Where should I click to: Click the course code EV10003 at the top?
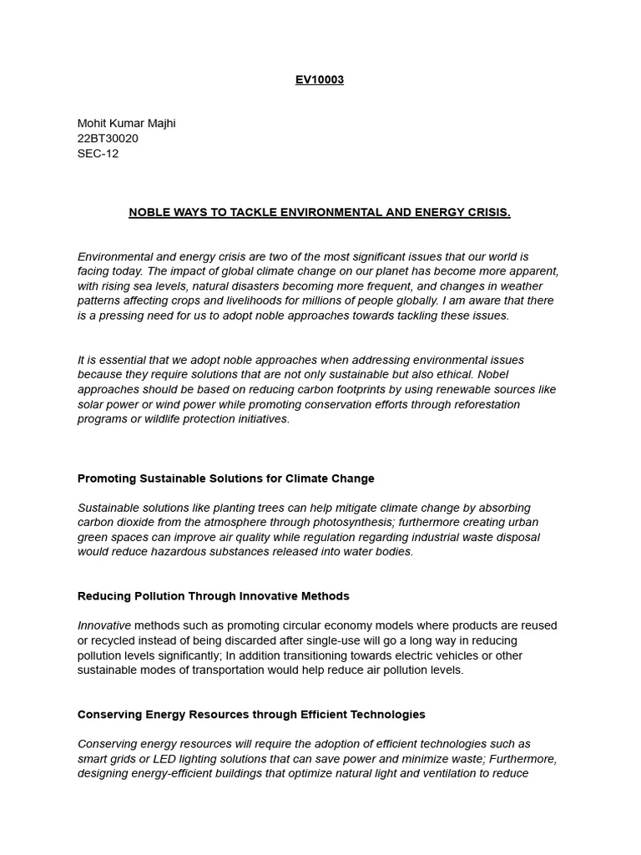(x=320, y=80)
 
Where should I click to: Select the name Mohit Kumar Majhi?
(x=126, y=124)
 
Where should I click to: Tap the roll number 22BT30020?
(x=108, y=139)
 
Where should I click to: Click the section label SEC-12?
(x=98, y=154)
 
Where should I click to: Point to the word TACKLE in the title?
(x=256, y=213)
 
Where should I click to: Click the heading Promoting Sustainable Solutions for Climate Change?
(x=225, y=478)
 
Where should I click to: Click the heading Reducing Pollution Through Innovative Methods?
(x=213, y=596)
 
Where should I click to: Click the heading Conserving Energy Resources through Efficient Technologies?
(x=251, y=715)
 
